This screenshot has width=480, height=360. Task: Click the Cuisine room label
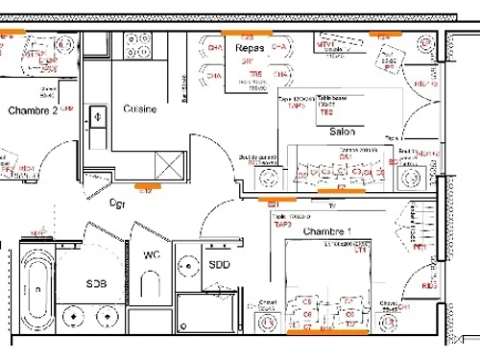click(x=141, y=109)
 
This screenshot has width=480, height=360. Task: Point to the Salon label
click(x=343, y=131)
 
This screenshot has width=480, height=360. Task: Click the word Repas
click(x=250, y=46)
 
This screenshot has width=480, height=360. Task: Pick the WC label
click(x=152, y=255)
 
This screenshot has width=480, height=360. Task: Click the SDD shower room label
click(x=219, y=265)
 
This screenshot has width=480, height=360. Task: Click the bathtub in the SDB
click(x=35, y=286)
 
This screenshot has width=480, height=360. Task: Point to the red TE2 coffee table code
click(x=325, y=112)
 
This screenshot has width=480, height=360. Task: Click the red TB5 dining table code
click(x=254, y=74)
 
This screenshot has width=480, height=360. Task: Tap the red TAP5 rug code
click(x=297, y=106)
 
